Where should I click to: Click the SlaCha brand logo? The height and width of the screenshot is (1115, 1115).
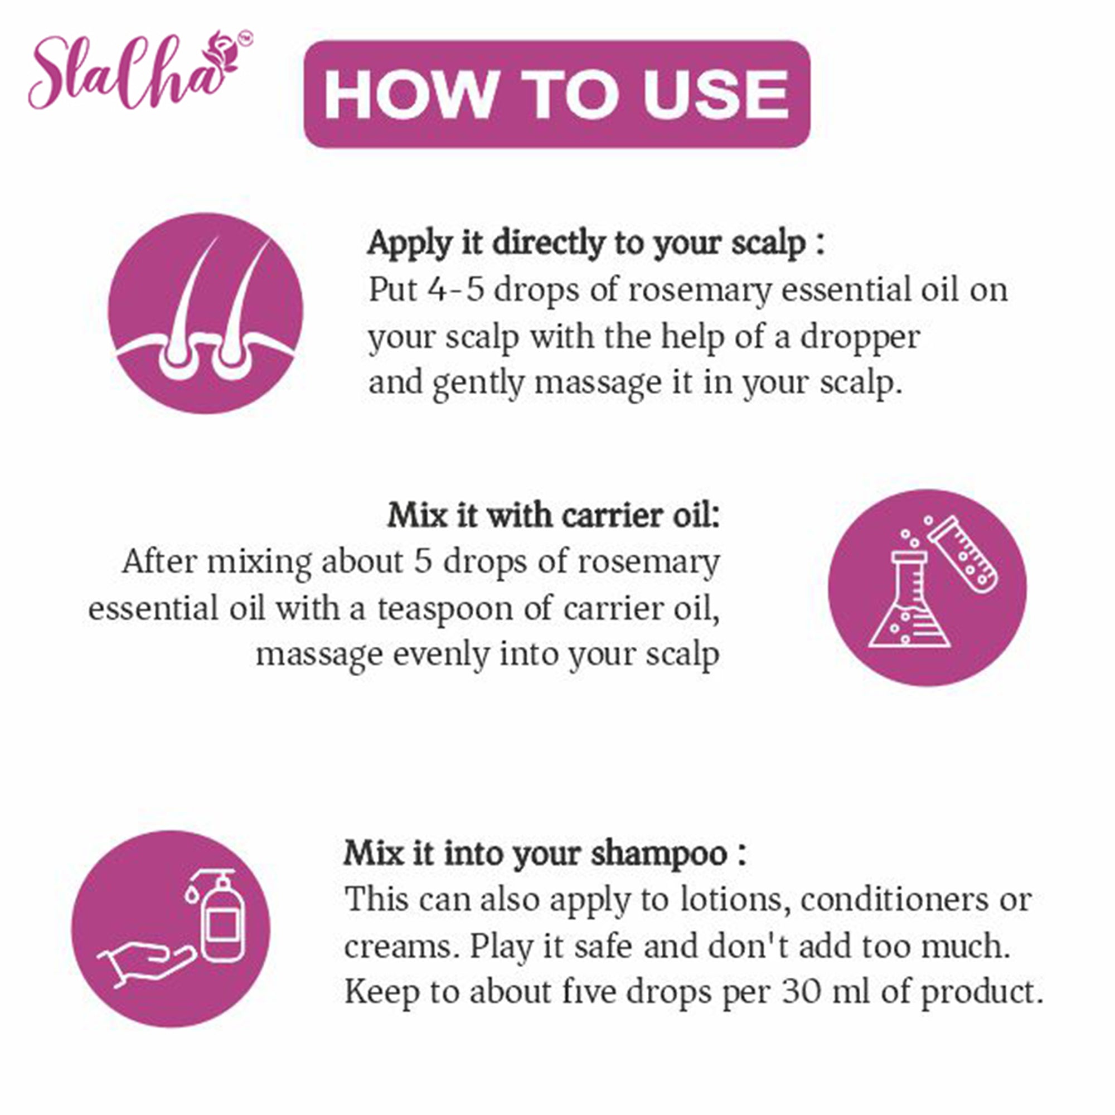140,70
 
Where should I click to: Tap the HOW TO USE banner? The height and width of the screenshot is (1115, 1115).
557,94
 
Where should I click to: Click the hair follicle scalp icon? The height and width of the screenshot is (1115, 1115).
206,313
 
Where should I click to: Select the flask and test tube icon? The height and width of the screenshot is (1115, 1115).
927,588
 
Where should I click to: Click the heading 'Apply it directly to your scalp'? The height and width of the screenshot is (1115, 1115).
596,243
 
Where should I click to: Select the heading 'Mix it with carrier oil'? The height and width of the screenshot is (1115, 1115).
554,515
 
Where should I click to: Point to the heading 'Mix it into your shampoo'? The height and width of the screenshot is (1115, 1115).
544,853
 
